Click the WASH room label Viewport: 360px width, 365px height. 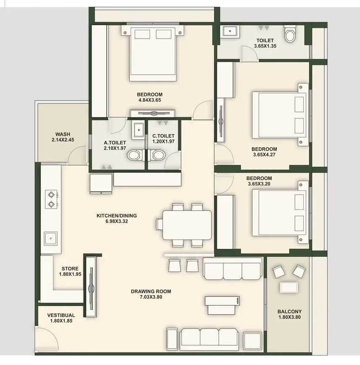63,134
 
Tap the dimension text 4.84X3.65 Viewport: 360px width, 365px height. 150,100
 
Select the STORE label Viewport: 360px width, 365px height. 70,269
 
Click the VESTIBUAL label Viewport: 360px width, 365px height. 61,315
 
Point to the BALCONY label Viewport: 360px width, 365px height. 289,311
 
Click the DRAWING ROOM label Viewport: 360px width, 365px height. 151,292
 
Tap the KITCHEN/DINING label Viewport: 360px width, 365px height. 117,216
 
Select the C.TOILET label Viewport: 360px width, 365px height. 163,136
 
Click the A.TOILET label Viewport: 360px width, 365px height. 115,143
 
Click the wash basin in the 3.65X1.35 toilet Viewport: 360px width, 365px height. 229,31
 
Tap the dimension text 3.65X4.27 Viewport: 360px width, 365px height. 264,154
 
